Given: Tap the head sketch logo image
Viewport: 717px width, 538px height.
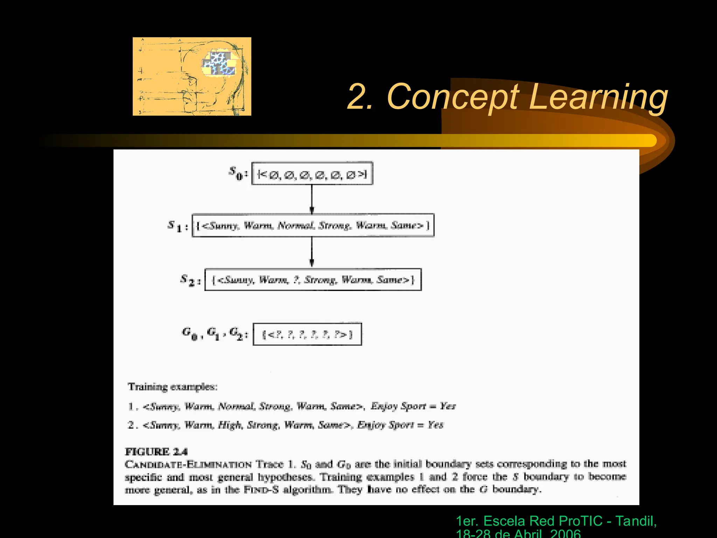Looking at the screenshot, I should [x=192, y=76].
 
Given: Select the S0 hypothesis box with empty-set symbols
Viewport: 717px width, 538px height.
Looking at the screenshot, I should [x=312, y=173].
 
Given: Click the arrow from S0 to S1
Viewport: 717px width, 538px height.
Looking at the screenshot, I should [x=312, y=199].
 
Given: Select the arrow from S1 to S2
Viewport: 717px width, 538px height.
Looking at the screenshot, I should [x=312, y=252].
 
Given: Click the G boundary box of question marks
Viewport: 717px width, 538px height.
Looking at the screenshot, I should [x=307, y=334].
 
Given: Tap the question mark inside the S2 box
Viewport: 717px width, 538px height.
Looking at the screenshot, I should [x=296, y=280].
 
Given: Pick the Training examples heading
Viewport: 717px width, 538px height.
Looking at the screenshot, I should [x=173, y=387].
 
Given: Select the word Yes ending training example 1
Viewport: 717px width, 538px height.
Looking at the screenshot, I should [x=448, y=406].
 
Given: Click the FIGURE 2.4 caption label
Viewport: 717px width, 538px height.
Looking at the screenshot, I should [x=156, y=452].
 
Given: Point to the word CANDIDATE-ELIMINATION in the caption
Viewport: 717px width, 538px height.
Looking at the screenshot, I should [x=188, y=465].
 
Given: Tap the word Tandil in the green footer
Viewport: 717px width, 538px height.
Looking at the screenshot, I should [x=635, y=521].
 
